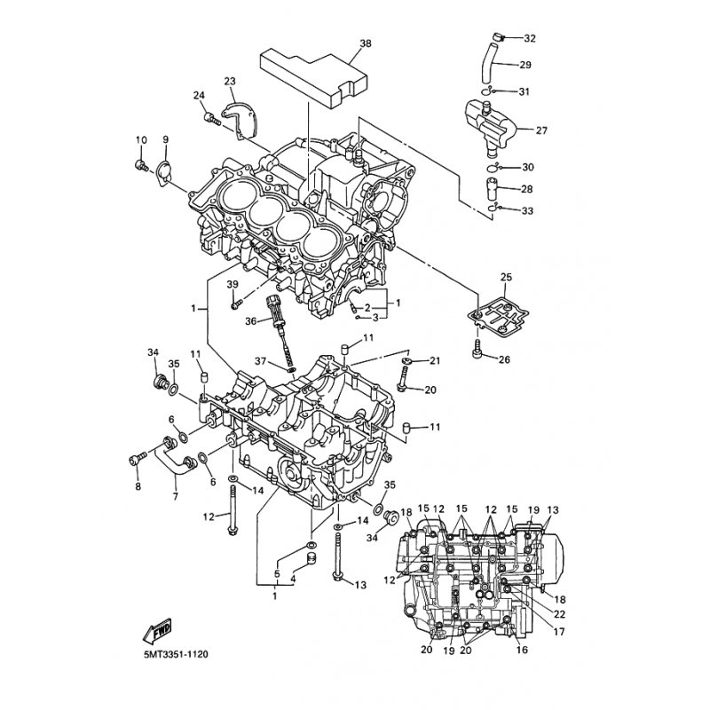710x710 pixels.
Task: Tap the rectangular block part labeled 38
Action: [x=311, y=73]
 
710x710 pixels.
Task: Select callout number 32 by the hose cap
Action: [x=530, y=38]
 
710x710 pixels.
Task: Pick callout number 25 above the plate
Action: [x=506, y=278]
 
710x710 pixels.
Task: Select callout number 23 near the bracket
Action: [x=230, y=82]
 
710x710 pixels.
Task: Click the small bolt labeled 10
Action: [x=141, y=165]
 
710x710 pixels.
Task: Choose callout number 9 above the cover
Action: [x=165, y=139]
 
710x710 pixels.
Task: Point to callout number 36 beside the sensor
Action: [x=251, y=320]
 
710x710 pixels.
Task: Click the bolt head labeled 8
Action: [x=136, y=458]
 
